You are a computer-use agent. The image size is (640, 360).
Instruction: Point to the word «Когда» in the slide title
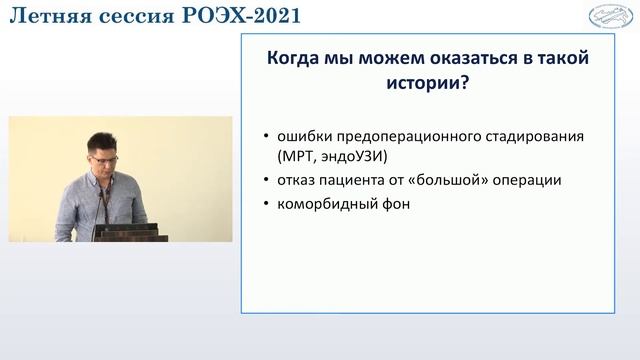coord(295,59)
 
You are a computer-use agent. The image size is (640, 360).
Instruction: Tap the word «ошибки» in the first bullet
coord(306,135)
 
